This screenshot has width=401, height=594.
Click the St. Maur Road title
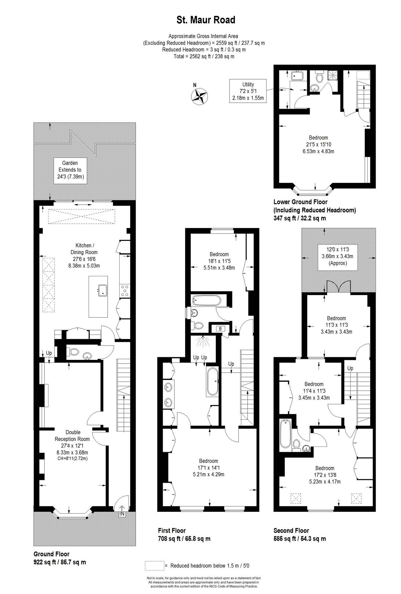pos(206,20)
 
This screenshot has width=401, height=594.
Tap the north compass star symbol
pos(199,96)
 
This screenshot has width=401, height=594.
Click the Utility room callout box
pos(248,91)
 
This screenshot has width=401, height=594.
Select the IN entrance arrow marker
pos(122,510)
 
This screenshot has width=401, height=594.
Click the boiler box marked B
pos(220,328)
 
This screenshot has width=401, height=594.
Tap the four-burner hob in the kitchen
pos(124,290)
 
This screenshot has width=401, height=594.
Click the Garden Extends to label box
pos(70,170)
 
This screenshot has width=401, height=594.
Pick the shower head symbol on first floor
pos(202,342)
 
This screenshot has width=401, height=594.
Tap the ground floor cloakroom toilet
pos(74,352)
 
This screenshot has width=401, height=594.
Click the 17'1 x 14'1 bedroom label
pos(209,468)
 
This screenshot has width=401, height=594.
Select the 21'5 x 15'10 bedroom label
pos(318,144)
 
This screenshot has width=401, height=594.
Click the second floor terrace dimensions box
pos(337,256)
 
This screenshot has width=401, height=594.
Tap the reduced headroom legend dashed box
pos(154,566)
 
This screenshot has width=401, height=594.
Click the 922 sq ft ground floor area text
pos(60,562)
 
